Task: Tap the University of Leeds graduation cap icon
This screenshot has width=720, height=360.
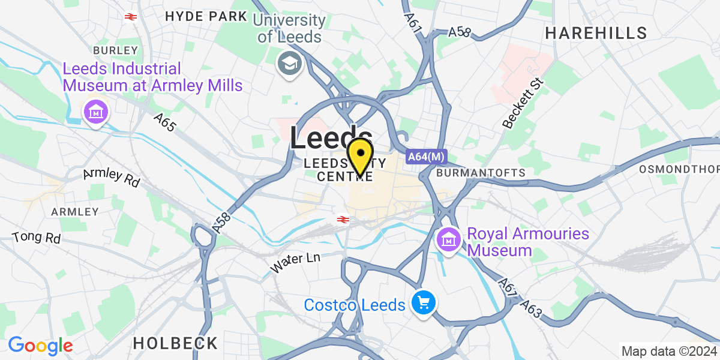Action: coord(290,63)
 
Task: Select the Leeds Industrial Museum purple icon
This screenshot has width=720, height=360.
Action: coord(95,112)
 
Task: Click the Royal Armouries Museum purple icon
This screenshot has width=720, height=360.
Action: coord(448,241)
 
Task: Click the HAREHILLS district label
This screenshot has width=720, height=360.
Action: coord(596,33)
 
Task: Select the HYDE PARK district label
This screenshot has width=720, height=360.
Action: coord(206,16)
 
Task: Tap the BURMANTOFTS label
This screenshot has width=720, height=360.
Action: coord(481,173)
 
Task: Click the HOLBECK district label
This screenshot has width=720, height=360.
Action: coord(175,343)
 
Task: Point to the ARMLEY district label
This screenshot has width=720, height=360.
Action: coord(75,212)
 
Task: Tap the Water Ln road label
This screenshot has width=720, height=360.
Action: coord(295,262)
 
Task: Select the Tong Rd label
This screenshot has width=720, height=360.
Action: coord(37,236)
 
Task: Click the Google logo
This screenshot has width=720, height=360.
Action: coord(40,346)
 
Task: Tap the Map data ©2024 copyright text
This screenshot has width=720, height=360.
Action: coord(668,352)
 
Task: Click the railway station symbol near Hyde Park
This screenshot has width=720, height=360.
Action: coord(130,16)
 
